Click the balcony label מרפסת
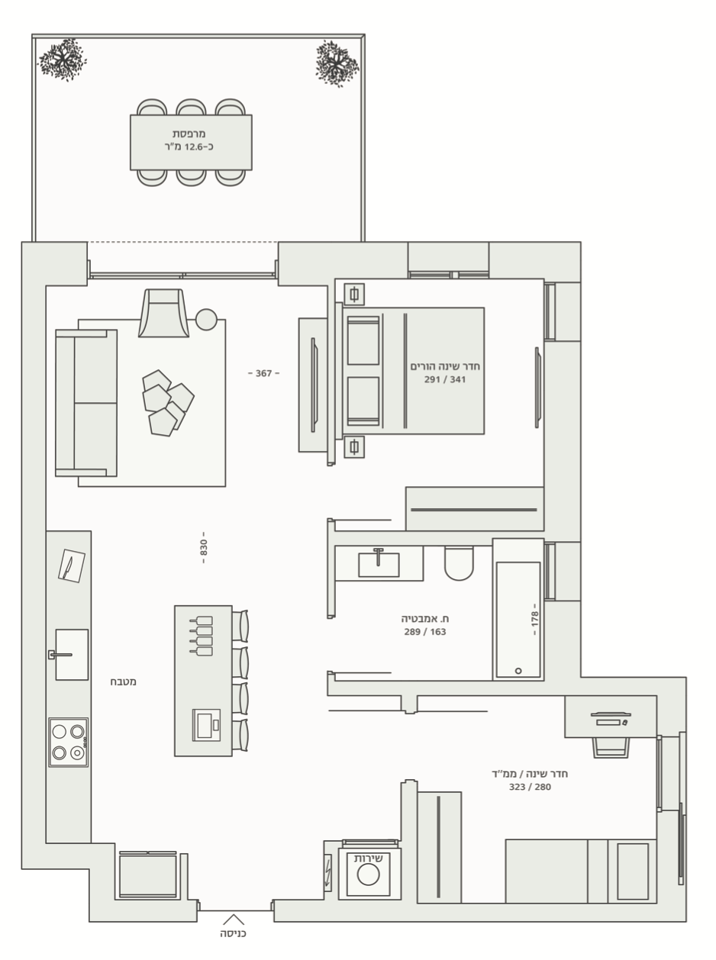coord(189,134)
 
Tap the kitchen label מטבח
coord(124,681)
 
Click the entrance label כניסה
coord(233,933)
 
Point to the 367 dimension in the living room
coord(264,373)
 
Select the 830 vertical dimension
coord(204,547)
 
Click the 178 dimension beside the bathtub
coord(534,620)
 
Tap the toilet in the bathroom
coord(459,563)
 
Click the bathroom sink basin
coord(379,565)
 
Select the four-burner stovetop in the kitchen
coord(68,743)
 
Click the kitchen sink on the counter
coord(72,655)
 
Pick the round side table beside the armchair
coord(206,319)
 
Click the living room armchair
coord(163,313)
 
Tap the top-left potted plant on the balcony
coord(63,60)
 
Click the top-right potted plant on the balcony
coord(337,64)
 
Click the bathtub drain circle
coord(518,671)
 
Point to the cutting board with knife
coord(72,566)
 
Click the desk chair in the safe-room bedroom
coord(611,747)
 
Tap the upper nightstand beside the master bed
coord(354,295)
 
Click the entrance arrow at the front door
coord(234,920)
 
